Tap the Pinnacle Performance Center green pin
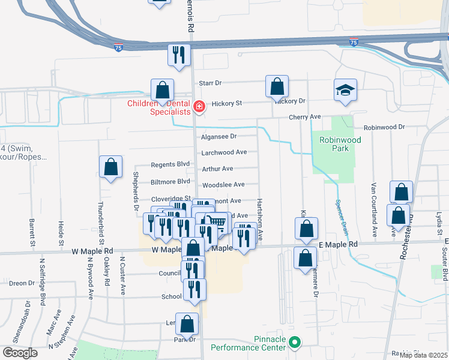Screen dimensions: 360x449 (294, 343)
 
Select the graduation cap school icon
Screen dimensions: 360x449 (345, 91)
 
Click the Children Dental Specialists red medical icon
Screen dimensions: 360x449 (199, 107)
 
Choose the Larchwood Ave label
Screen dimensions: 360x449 (224, 152)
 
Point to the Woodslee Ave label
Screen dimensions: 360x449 (223, 185)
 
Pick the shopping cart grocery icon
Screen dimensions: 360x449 (219, 223)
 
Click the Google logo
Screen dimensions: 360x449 (19, 353)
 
